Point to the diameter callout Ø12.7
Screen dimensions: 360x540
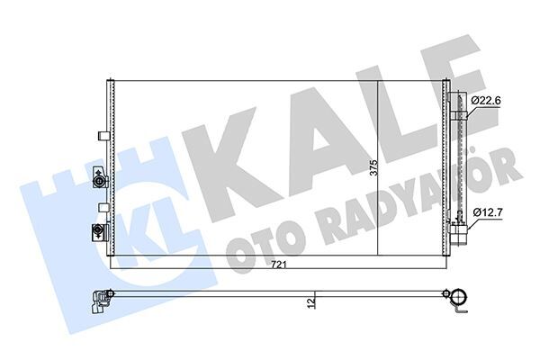[487, 213]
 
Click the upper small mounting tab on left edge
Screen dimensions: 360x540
[100, 137]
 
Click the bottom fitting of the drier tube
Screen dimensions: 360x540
[462, 237]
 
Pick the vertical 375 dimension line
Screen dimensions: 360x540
[376, 171]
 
